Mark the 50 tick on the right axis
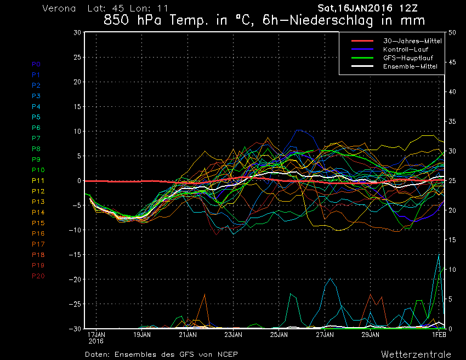click(452, 32)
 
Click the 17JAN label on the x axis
click(96, 334)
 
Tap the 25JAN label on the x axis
click(279, 334)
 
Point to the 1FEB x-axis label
click(438, 334)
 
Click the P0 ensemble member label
click(36, 64)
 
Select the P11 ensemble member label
click(37, 180)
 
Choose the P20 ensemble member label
click(38, 276)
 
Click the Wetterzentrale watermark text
click(416, 354)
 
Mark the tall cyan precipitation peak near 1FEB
click(439, 255)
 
